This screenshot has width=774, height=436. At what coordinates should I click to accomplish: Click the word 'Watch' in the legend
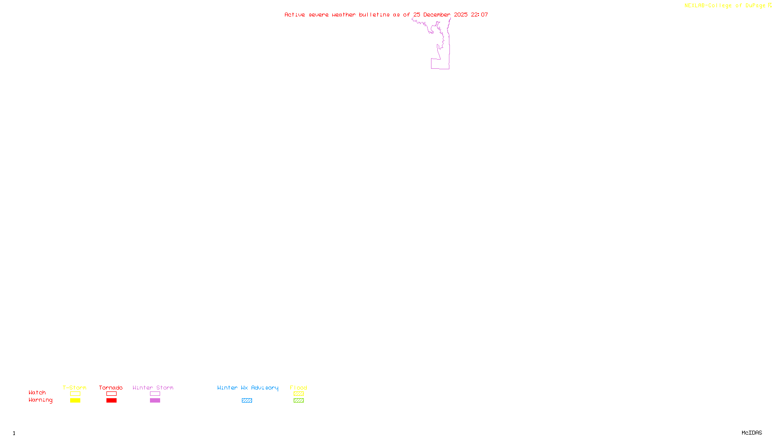click(x=37, y=393)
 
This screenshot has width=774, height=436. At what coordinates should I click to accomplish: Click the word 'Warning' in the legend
click(x=40, y=400)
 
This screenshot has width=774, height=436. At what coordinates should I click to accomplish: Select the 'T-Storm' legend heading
click(x=74, y=388)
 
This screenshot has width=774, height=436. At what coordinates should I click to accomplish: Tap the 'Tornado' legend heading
click(x=111, y=388)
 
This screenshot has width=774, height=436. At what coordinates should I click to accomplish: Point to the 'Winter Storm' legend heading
click(x=153, y=388)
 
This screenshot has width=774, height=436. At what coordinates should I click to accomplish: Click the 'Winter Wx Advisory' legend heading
click(x=248, y=388)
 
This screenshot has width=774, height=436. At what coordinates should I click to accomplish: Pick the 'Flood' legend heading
click(x=298, y=388)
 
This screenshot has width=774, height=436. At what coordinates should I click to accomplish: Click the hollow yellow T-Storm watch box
click(x=75, y=394)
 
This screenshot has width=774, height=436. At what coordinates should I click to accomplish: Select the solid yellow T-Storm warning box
click(x=75, y=401)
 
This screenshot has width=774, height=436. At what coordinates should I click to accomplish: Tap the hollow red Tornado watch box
click(x=112, y=394)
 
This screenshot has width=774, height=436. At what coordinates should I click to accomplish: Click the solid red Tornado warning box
click(x=112, y=401)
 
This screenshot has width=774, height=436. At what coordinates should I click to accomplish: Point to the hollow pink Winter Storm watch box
click(x=155, y=394)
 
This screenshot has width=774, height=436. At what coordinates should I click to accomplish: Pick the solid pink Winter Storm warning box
click(x=155, y=401)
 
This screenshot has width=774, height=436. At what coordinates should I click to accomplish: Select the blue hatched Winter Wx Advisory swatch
click(x=247, y=401)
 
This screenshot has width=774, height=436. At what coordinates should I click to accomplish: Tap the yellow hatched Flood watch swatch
click(x=298, y=394)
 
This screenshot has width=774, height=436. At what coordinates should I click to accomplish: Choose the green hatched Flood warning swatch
click(x=298, y=401)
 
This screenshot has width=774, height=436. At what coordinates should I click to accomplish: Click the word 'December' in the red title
click(x=437, y=15)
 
